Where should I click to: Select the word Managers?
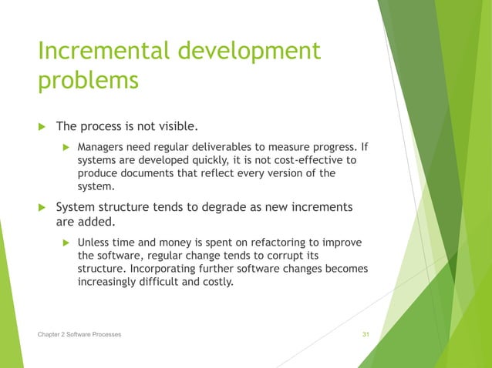[102, 147]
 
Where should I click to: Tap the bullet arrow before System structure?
[42, 209]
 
